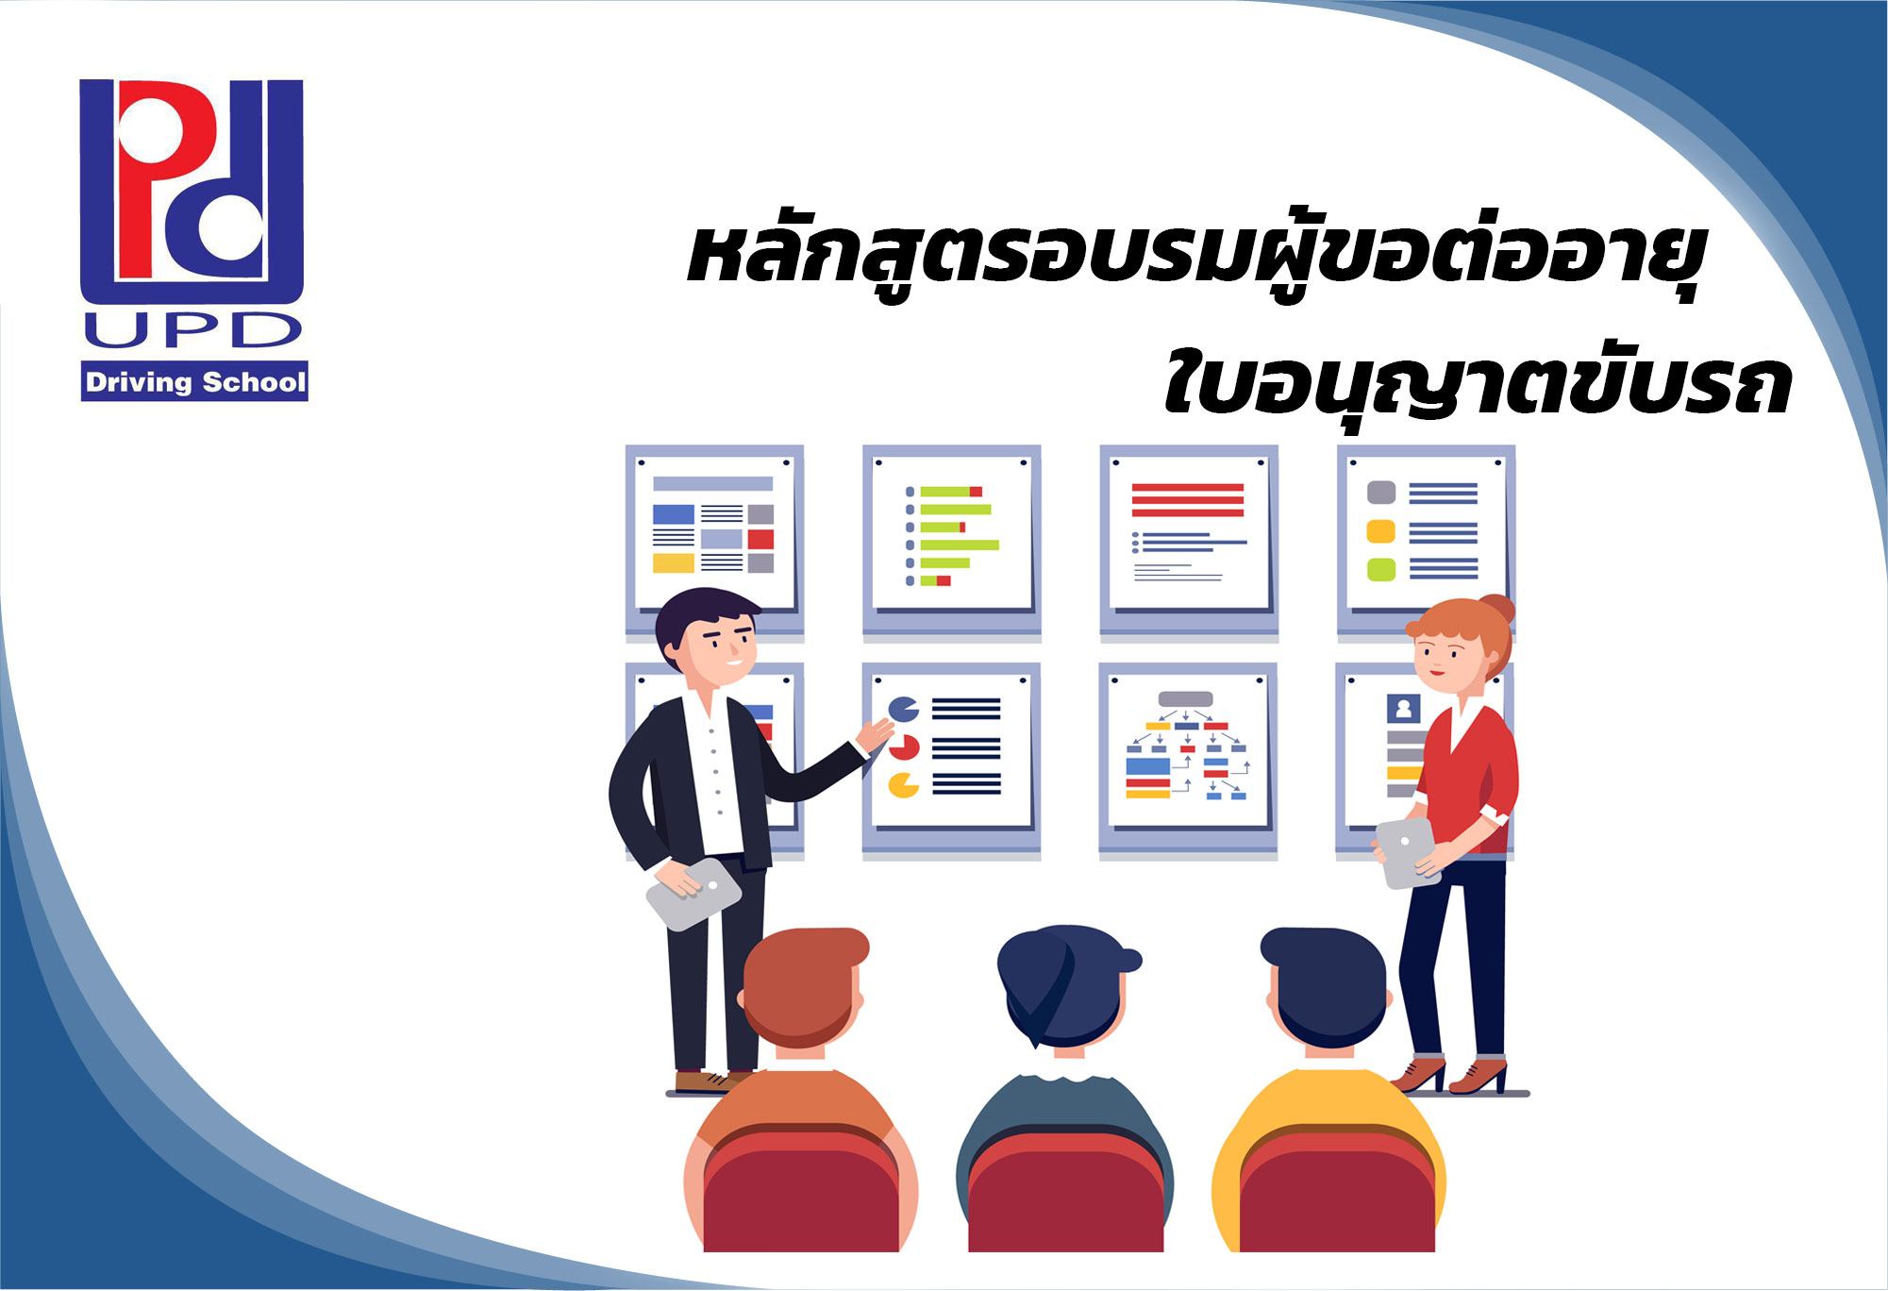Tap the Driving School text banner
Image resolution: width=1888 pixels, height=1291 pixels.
(x=194, y=381)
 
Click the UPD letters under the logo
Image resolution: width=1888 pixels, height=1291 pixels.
(x=192, y=329)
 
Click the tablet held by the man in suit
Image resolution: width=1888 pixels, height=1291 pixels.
(x=693, y=893)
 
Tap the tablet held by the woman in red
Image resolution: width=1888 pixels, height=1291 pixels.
(x=1406, y=852)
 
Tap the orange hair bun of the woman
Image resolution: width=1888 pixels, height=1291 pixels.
(x=1497, y=609)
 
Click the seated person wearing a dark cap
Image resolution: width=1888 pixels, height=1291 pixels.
(x=1065, y=1085)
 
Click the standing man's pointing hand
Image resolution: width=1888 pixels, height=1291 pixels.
(x=875, y=734)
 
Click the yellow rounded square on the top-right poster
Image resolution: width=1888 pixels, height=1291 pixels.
(x=1380, y=531)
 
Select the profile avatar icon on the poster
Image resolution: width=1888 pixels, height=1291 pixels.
(x=1403, y=709)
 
